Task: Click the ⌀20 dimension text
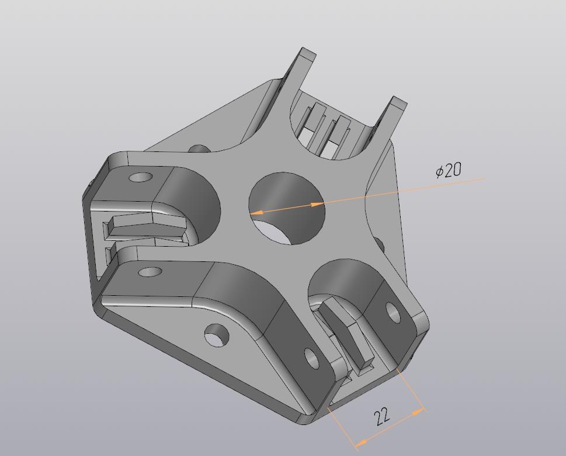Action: pos(449,170)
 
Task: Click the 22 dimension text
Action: pos(382,417)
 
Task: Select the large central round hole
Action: pos(287,209)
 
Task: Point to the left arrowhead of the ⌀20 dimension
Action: pos(256,213)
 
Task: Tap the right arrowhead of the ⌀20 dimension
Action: pos(317,205)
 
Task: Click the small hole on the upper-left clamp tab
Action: pos(141,177)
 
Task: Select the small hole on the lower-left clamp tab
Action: pos(150,272)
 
